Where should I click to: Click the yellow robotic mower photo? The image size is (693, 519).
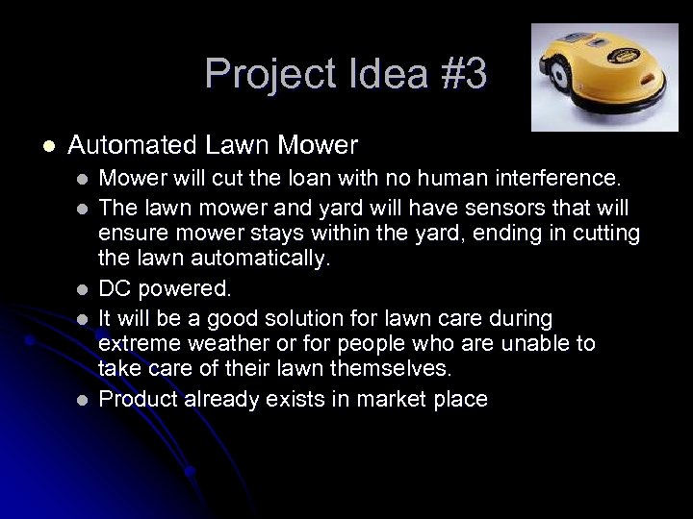(x=604, y=77)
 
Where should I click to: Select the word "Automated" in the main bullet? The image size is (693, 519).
(x=132, y=146)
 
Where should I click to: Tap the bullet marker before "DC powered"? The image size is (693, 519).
(x=84, y=288)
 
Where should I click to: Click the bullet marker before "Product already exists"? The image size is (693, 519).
(x=84, y=400)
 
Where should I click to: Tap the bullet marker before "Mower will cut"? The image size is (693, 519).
(x=84, y=179)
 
